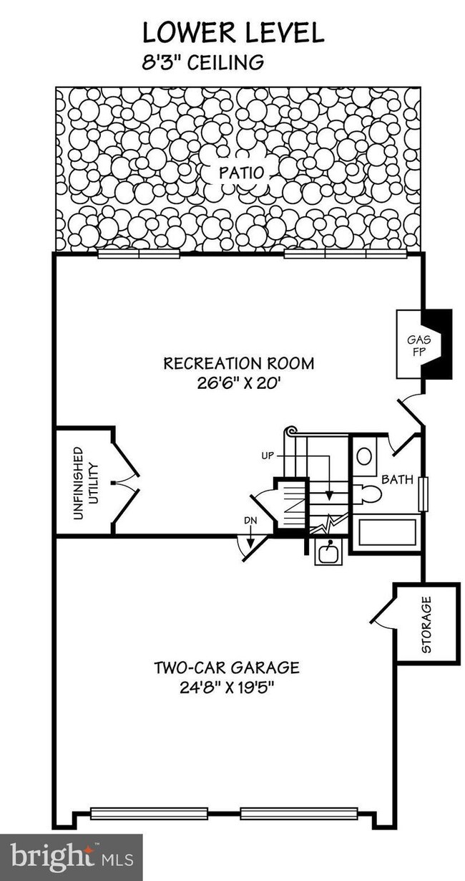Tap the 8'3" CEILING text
[202, 62]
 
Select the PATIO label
[241, 173]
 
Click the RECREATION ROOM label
[239, 363]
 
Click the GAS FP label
[418, 345]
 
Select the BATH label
[398, 479]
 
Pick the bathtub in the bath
[388, 532]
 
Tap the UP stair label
[268, 457]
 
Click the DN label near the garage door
[250, 521]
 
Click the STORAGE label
[427, 625]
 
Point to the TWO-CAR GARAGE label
[227, 668]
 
